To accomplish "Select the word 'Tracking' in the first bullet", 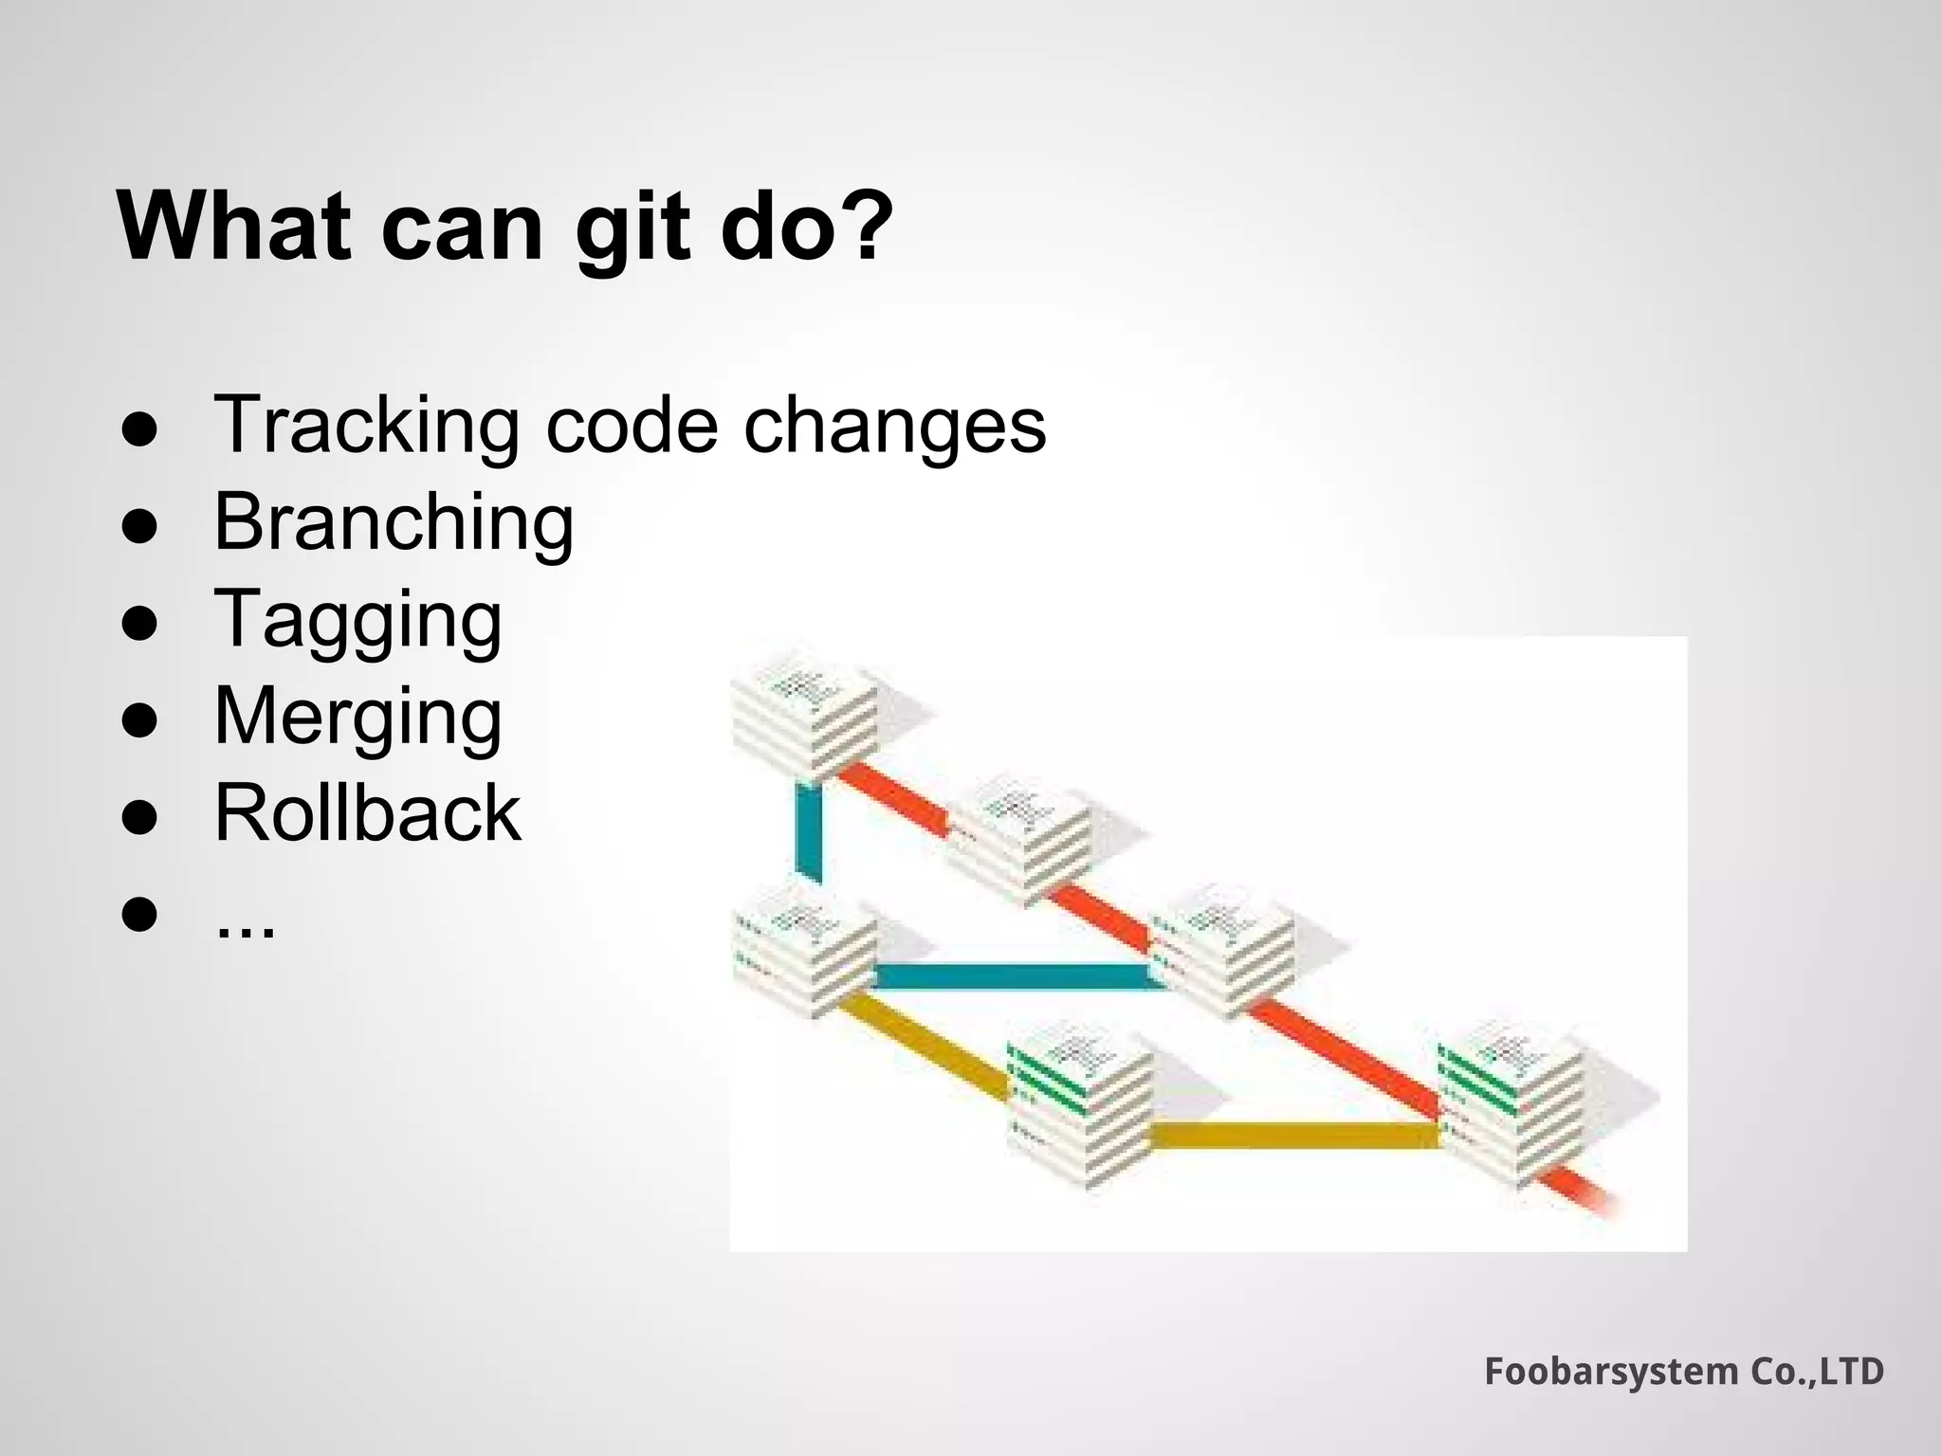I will pyautogui.click(x=367, y=425).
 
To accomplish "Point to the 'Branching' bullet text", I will pyautogui.click(x=394, y=522).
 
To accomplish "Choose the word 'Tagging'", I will pyautogui.click(x=357, y=620).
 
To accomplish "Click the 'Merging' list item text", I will pyautogui.click(x=357, y=717).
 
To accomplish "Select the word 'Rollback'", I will pyautogui.click(x=367, y=813).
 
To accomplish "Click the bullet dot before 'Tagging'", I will pyautogui.click(x=139, y=623).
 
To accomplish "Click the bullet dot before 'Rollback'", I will pyautogui.click(x=139, y=817).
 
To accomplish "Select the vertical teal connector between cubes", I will pyautogui.click(x=809, y=832).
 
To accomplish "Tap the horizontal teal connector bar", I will pyautogui.click(x=1015, y=976).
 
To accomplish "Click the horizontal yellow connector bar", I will pyautogui.click(x=1294, y=1135).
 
